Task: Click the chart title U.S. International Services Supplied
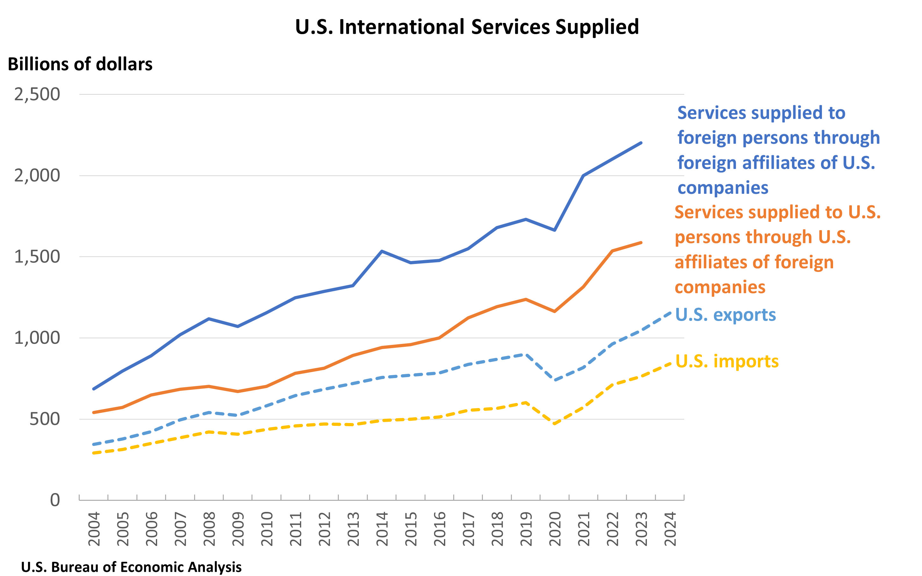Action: pyautogui.click(x=467, y=27)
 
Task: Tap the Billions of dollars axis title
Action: pyautogui.click(x=80, y=64)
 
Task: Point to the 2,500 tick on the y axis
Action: pyautogui.click(x=37, y=94)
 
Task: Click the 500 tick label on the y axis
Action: pyautogui.click(x=45, y=419)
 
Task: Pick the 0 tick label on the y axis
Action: pyautogui.click(x=55, y=500)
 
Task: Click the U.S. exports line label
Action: pyautogui.click(x=725, y=315)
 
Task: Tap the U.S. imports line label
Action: pyautogui.click(x=727, y=361)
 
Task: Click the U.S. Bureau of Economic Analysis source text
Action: pyautogui.click(x=131, y=567)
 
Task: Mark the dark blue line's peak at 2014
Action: pyautogui.click(x=382, y=251)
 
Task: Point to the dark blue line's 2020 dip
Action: pyautogui.click(x=555, y=230)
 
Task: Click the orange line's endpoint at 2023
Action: pyautogui.click(x=641, y=243)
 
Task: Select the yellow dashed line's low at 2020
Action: pyautogui.click(x=555, y=423)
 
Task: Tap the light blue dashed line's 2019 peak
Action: pyautogui.click(x=526, y=354)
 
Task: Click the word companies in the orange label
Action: pyautogui.click(x=720, y=287)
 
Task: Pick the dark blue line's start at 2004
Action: pyautogui.click(x=94, y=389)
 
